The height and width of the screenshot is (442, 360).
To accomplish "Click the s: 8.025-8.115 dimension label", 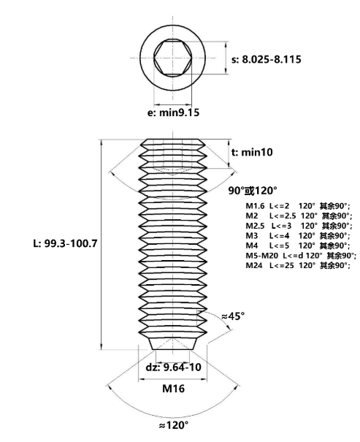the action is (267, 59).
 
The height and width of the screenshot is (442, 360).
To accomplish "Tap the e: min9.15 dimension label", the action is (173, 113).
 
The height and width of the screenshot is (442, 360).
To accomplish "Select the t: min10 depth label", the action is (252, 152).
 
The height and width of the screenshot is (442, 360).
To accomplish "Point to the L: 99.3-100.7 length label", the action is (65, 243).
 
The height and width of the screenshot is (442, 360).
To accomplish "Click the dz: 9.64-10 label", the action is (174, 367).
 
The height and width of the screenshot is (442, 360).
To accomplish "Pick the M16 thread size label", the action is (174, 389).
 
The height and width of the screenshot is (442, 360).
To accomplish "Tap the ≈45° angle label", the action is (233, 316).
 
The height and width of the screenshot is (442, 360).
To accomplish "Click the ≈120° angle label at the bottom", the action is (174, 425).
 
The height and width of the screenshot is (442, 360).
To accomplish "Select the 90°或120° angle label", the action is (253, 191).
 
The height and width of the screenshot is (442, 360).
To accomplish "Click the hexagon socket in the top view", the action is (172, 58).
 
